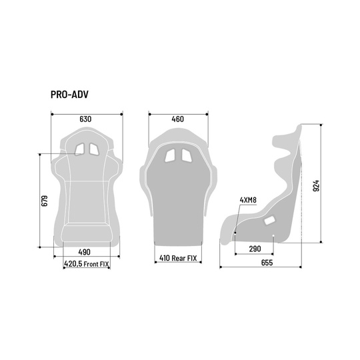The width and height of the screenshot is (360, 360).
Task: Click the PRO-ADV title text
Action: pyautogui.click(x=69, y=94)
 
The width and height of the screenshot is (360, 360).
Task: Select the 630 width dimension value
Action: pyautogui.click(x=85, y=119)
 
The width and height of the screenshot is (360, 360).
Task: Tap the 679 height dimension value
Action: pyautogui.click(x=44, y=201)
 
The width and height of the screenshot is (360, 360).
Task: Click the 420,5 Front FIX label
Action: pyautogui.click(x=87, y=264)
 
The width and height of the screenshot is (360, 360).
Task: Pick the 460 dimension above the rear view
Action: pyautogui.click(x=177, y=119)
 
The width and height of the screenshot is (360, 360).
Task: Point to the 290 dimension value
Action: pyautogui.click(x=255, y=249)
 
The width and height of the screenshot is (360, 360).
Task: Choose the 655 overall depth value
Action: pyautogui.click(x=267, y=263)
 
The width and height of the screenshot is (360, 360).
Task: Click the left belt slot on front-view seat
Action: pyautogui.click(x=79, y=149)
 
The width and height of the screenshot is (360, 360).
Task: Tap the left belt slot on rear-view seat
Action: pyautogui.click(x=171, y=155)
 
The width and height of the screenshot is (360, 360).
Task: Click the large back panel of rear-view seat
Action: pyautogui.click(x=177, y=200)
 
